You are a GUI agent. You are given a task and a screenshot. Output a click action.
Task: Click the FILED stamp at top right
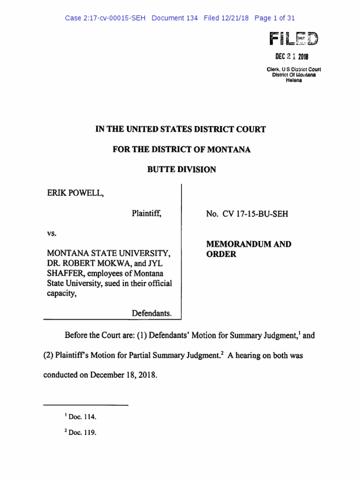click(x=293, y=38)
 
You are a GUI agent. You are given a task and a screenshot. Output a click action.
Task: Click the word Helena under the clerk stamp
click(x=294, y=80)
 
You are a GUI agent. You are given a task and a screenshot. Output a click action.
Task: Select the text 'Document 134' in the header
click(x=175, y=18)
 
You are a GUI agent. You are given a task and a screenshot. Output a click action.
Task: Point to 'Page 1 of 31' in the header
click(x=275, y=18)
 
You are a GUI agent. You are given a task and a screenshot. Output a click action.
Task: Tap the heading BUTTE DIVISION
click(x=181, y=170)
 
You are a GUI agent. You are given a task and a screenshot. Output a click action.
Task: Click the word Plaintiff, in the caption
click(x=147, y=214)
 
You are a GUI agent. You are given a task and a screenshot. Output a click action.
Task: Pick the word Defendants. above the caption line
click(x=151, y=313)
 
